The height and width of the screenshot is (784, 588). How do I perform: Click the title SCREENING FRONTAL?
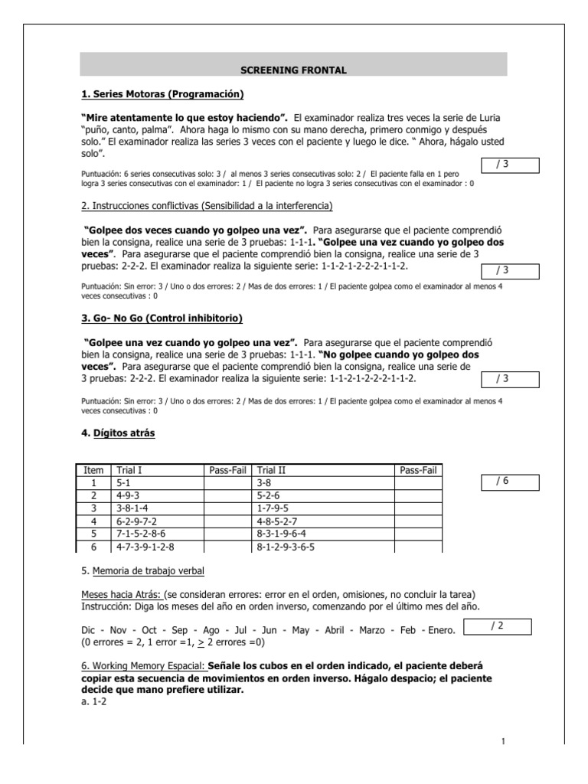[294, 70]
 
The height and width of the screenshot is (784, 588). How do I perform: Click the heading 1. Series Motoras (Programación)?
[162, 94]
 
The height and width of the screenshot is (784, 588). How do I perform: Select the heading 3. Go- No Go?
[168, 318]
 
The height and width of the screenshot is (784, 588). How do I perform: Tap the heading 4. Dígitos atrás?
[119, 433]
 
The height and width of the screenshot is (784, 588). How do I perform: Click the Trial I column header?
[129, 470]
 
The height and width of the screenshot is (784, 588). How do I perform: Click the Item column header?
[93, 470]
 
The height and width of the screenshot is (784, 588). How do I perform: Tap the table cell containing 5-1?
[123, 484]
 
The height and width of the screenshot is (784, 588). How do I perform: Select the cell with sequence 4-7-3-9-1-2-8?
[145, 547]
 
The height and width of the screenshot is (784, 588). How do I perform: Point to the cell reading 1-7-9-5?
[273, 508]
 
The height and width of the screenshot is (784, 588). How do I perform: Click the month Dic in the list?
[90, 630]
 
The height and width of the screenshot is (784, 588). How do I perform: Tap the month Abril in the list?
[334, 630]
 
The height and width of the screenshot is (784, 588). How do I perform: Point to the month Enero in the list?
[439, 630]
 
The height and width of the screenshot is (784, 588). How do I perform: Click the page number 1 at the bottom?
[504, 740]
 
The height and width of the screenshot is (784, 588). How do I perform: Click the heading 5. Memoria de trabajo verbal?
[143, 570]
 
